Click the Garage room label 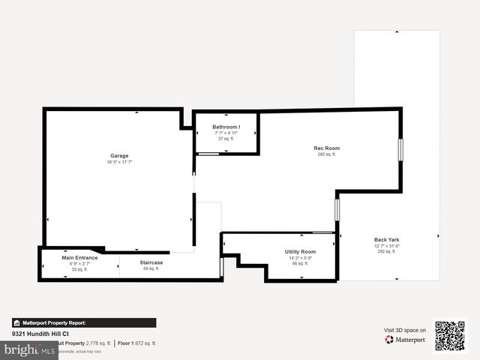click(x=119, y=156)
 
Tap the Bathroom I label click(x=226, y=127)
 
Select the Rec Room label click(x=326, y=148)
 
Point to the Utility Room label click(x=300, y=251)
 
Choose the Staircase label click(x=151, y=262)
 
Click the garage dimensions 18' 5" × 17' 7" click(x=119, y=162)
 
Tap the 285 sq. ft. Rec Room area click(x=327, y=154)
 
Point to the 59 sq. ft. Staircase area click(x=151, y=268)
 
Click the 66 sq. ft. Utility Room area click(x=300, y=263)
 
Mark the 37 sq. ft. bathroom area click(x=226, y=139)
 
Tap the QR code click(x=450, y=336)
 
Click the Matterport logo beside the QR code click(x=406, y=340)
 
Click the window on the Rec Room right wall click(x=400, y=149)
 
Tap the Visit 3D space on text click(x=405, y=330)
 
